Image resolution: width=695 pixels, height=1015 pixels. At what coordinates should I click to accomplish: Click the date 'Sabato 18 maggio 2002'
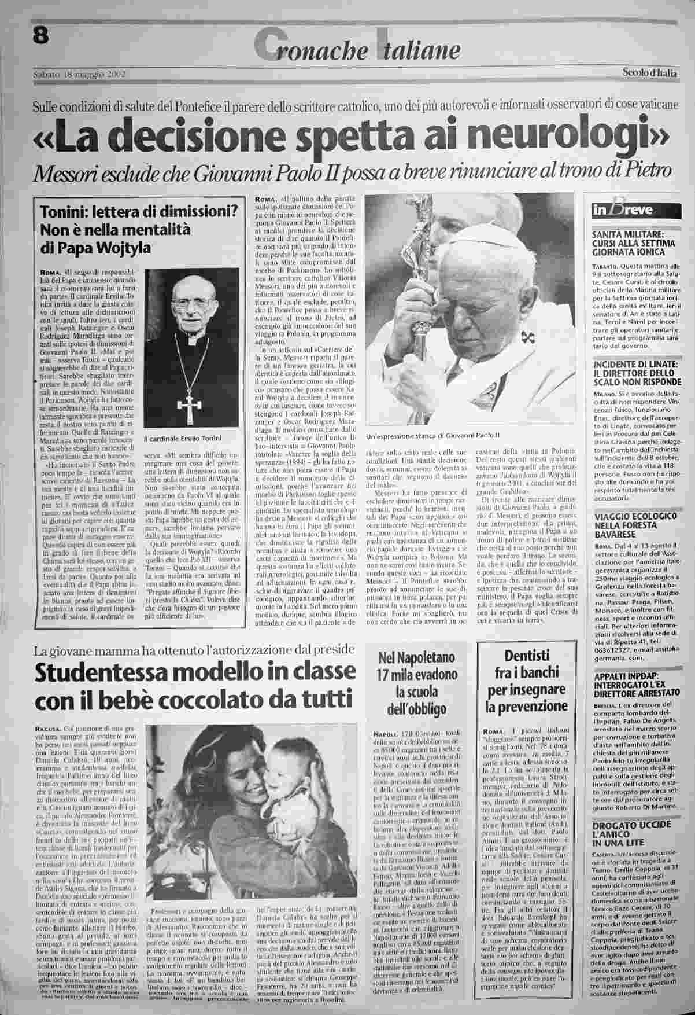(78, 74)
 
